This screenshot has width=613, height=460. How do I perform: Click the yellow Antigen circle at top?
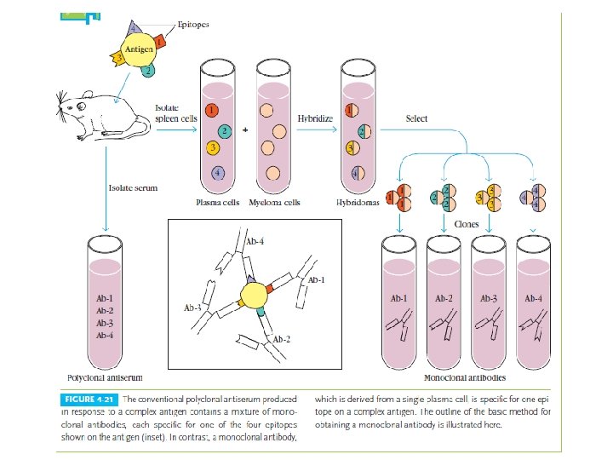click(x=140, y=50)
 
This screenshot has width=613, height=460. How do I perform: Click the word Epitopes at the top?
click(x=192, y=24)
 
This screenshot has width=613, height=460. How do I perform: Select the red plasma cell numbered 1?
click(x=212, y=111)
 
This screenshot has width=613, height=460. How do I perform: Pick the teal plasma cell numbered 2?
click(x=223, y=131)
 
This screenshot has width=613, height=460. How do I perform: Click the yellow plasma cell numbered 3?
click(x=213, y=149)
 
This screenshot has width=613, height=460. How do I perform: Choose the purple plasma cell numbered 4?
click(x=220, y=174)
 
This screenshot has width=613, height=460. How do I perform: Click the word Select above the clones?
click(x=416, y=119)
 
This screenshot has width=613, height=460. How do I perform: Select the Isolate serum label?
click(x=133, y=186)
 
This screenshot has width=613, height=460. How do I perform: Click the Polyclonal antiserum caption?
click(x=105, y=377)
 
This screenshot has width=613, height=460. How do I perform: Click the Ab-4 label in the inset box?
click(x=255, y=242)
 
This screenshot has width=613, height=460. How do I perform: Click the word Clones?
click(x=466, y=224)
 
